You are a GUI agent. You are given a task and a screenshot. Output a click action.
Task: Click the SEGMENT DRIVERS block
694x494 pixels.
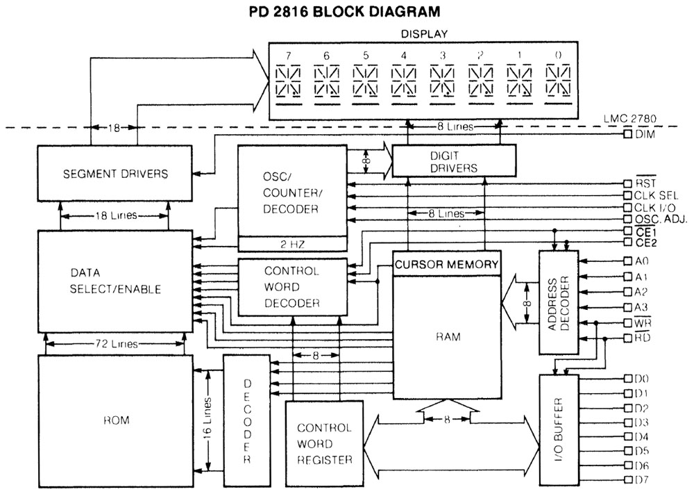point(115,173)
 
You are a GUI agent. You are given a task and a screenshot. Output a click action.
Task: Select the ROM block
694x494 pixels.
point(115,421)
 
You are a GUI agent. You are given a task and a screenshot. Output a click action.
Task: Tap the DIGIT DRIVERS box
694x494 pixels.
point(454,160)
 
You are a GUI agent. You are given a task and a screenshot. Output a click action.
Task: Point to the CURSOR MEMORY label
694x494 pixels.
point(446,265)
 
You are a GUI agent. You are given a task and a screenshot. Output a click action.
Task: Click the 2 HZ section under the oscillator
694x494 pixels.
point(293,244)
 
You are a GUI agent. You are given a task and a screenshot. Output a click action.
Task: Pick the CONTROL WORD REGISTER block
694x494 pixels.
point(324,444)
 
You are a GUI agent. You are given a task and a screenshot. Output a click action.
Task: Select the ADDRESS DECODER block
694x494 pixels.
point(559,303)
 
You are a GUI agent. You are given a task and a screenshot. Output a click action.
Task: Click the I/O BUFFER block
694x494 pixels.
point(559,430)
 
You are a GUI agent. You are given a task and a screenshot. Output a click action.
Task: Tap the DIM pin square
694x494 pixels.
point(627,134)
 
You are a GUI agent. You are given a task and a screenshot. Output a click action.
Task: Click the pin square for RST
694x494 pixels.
point(627,183)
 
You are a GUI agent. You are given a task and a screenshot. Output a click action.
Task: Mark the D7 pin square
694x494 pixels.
point(627,480)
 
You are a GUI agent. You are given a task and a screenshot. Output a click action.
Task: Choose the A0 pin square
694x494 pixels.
point(627,261)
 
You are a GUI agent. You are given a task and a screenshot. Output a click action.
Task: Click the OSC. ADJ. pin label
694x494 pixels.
point(661,219)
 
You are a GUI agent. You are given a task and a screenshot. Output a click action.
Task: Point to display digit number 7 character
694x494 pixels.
point(288,81)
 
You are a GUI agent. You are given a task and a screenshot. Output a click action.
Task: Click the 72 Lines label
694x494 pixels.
point(117,344)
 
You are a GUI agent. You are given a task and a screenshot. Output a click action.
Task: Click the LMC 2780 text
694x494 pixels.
point(630,119)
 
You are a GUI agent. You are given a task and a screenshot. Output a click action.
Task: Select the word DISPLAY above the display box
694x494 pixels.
point(424,33)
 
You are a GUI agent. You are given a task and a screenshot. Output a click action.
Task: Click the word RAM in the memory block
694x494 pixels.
point(448,337)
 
